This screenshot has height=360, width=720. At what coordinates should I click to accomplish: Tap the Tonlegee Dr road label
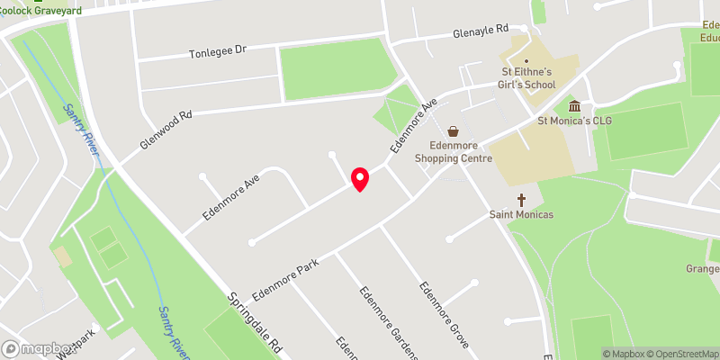[217, 51]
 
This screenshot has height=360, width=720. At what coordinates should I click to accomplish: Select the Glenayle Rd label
[481, 32]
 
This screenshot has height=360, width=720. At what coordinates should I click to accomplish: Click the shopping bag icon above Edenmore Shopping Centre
[454, 130]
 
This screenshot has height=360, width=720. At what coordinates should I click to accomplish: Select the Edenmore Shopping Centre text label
[454, 151]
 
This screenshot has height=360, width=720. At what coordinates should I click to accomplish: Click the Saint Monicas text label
[520, 215]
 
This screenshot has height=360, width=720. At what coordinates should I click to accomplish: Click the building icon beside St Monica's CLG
[574, 105]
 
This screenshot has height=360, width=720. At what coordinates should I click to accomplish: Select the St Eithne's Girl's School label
[528, 77]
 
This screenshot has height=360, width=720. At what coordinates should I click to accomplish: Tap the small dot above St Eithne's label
[526, 60]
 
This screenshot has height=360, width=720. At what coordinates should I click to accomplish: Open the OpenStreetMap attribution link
[680, 354]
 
